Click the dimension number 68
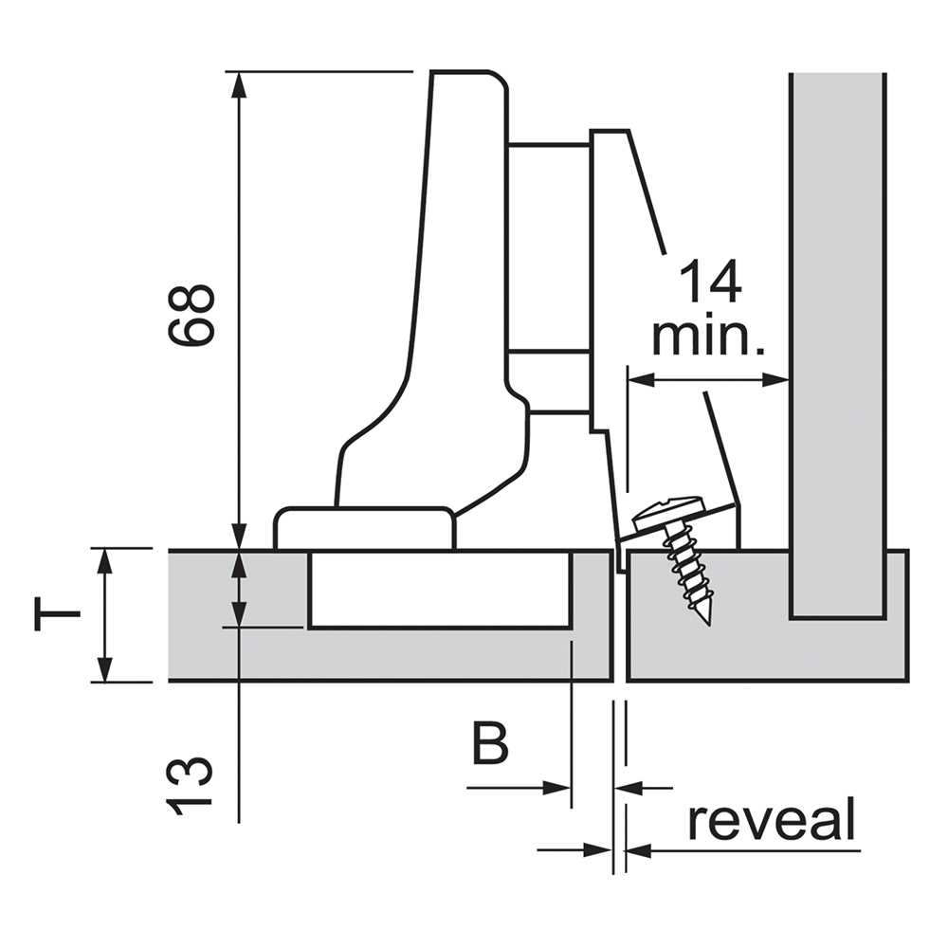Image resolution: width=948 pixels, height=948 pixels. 192,315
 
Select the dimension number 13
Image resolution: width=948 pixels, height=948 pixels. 189,785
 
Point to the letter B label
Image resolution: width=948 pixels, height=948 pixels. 490,745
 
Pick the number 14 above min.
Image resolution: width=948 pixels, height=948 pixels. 710,283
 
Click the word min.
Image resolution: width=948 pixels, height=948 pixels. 709,337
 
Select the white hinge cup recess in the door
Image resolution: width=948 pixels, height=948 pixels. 438,589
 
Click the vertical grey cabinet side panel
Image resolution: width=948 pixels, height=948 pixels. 837,341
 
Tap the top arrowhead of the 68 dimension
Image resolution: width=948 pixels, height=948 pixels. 240,82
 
